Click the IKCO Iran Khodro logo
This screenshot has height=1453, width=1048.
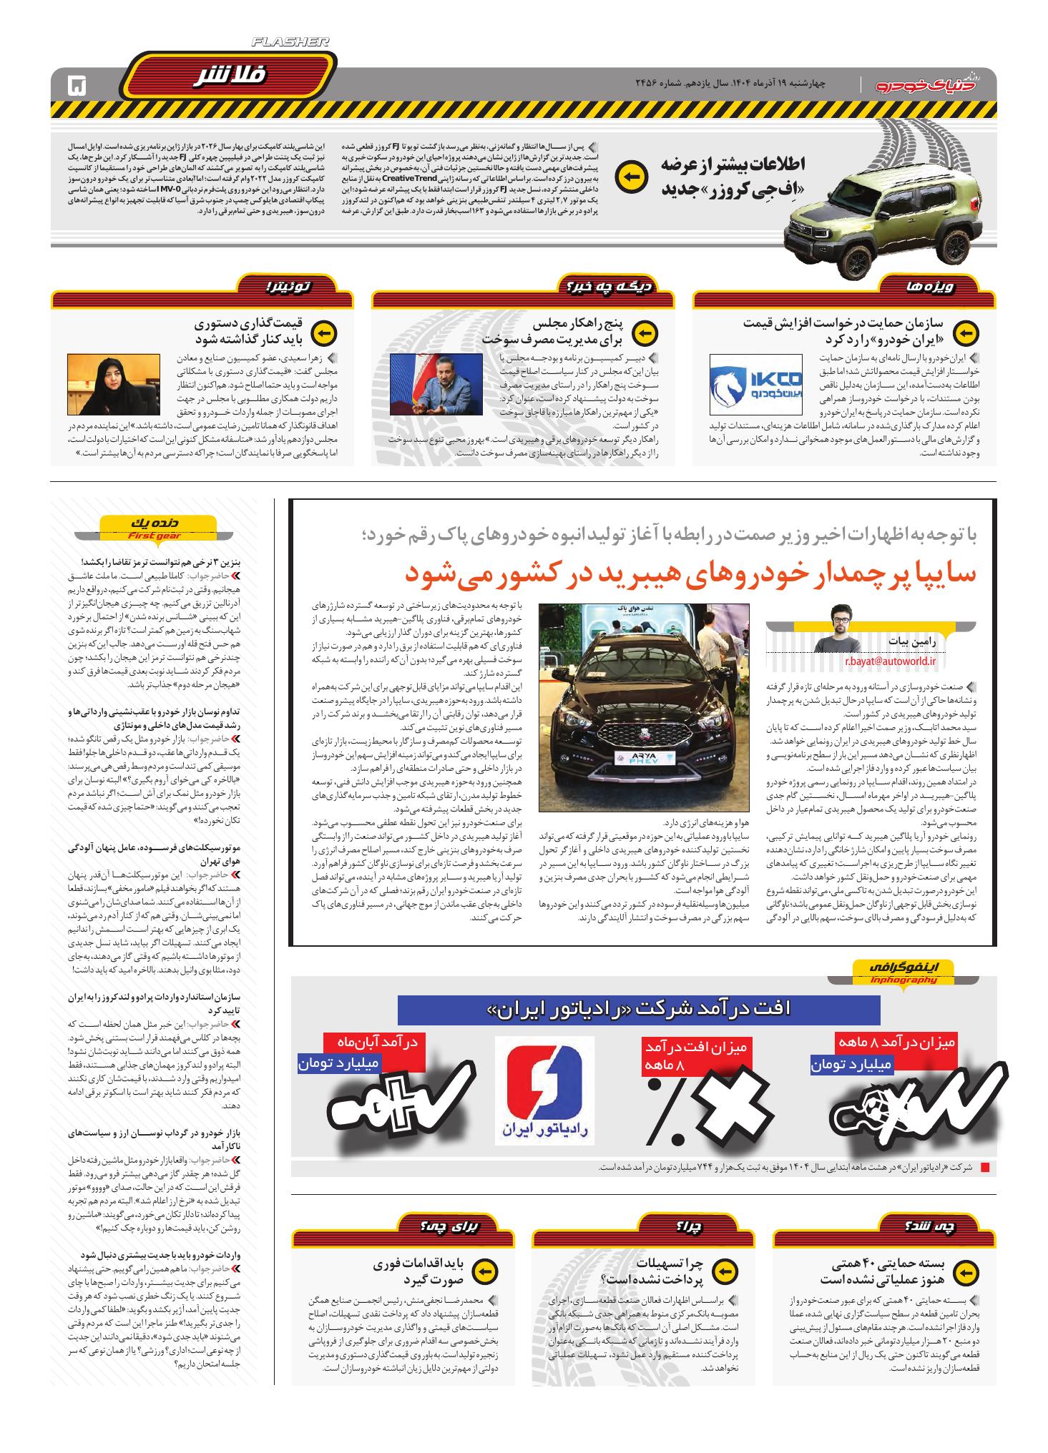click(x=755, y=384)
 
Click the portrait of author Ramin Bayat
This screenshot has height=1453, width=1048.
click(x=849, y=628)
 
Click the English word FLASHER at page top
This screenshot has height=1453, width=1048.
click(x=289, y=43)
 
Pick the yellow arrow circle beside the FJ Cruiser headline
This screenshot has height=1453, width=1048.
click(x=630, y=178)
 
